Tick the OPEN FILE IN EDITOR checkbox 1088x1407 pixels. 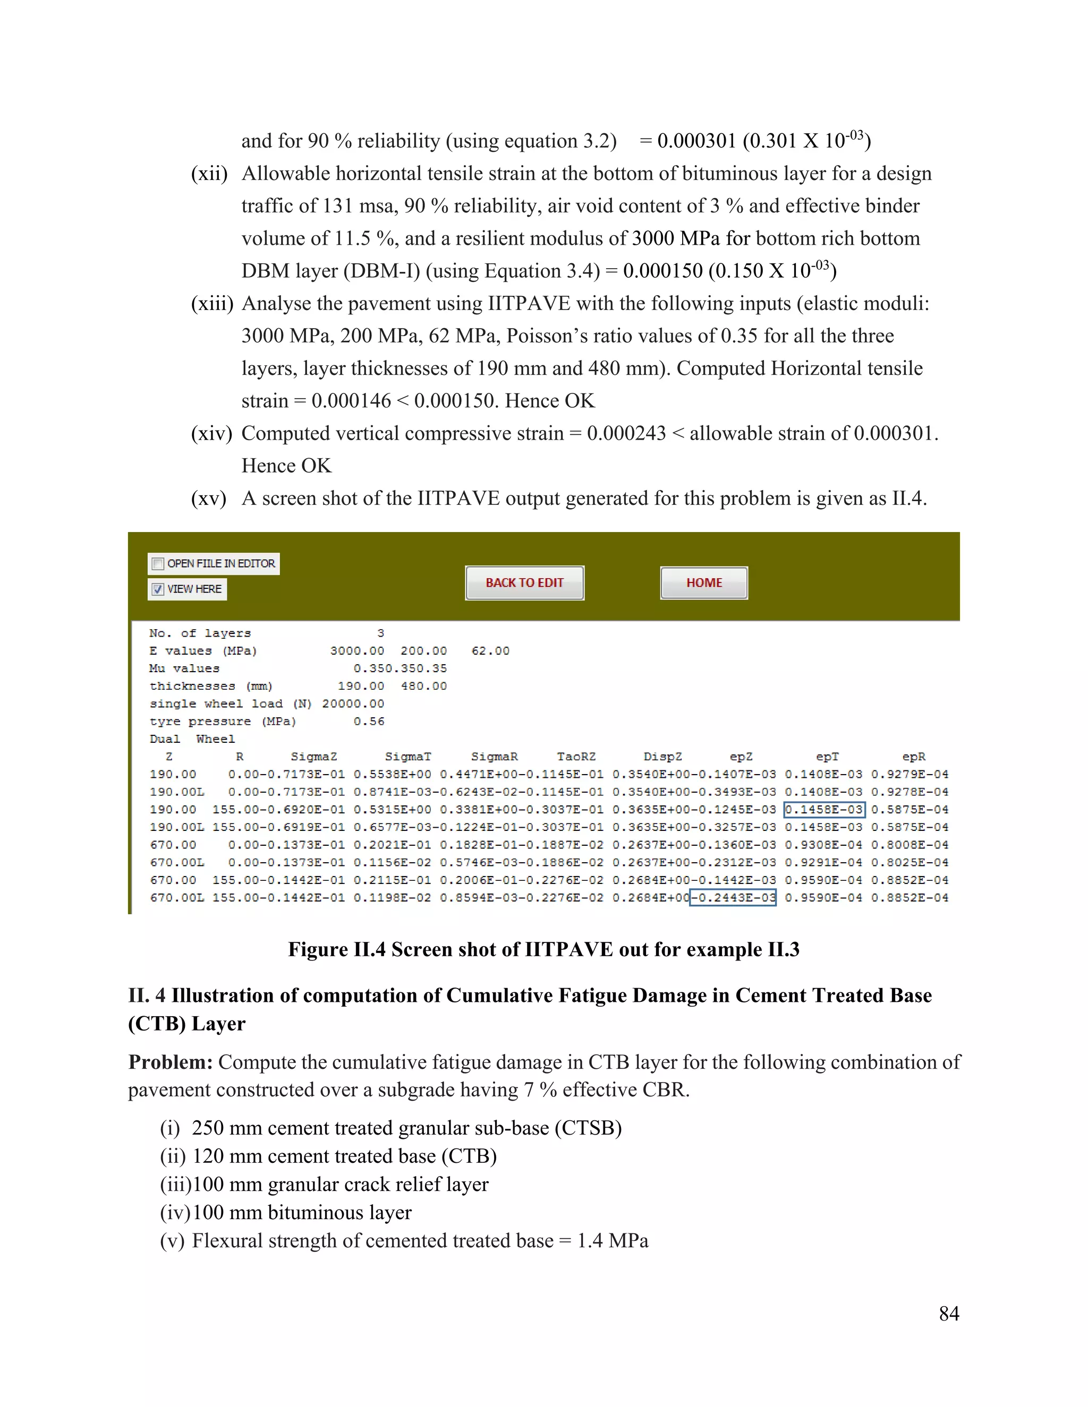click(x=158, y=564)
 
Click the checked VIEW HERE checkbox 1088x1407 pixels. click(x=158, y=589)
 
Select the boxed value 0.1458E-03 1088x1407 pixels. click(x=824, y=810)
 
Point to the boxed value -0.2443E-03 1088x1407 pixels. click(x=733, y=897)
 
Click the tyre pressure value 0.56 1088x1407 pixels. click(x=369, y=722)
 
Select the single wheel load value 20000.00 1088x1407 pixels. click(x=353, y=703)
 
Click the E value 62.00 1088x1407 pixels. click(x=490, y=651)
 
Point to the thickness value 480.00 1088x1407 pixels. click(x=423, y=686)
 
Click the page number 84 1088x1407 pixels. click(x=948, y=1314)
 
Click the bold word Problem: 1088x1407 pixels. click(x=170, y=1062)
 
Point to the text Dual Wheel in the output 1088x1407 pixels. click(x=192, y=739)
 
